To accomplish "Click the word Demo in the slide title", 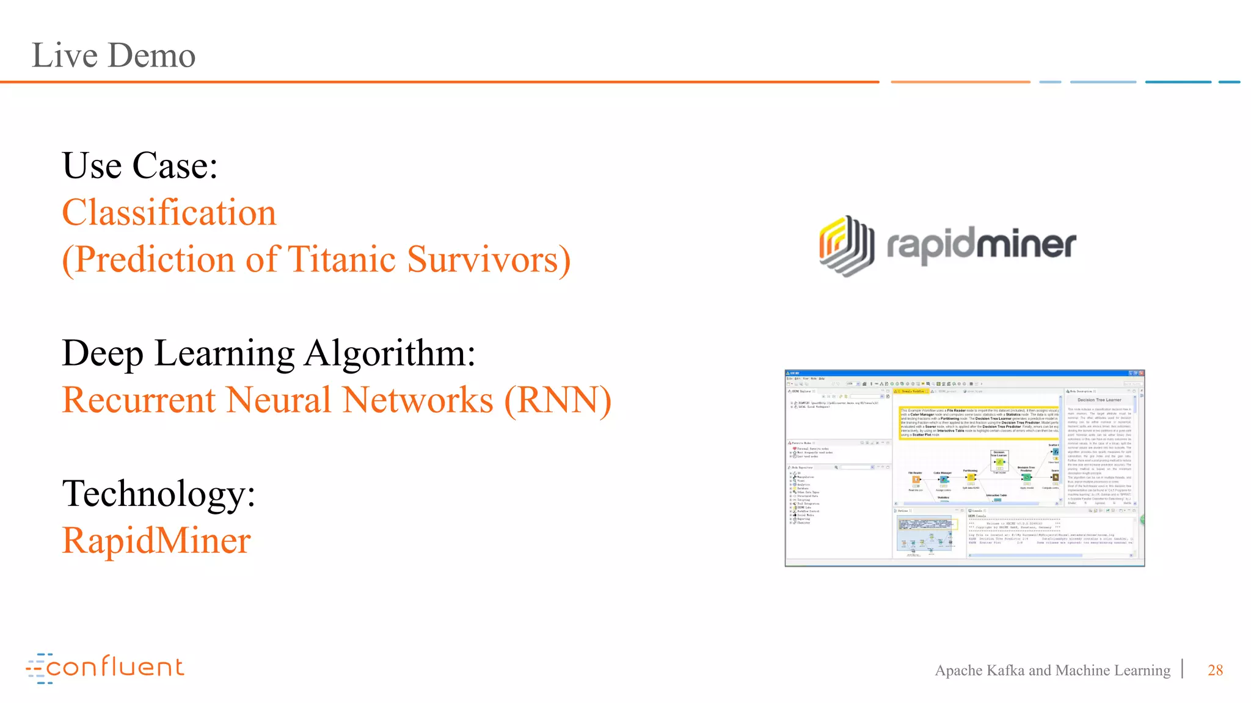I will [x=153, y=56].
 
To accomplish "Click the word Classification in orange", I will [x=169, y=212].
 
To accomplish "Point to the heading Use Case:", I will [x=140, y=165].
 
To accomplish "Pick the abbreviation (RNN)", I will [x=557, y=400].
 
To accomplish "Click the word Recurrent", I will [x=139, y=400].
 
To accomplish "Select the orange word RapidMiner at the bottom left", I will [x=156, y=541].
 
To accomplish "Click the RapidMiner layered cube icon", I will [x=846, y=245].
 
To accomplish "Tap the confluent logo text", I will [x=115, y=667].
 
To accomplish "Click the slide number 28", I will [x=1215, y=670].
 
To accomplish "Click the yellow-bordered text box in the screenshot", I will [x=979, y=422].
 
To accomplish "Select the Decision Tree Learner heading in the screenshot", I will [x=1099, y=400].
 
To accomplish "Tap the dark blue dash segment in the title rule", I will [x=1178, y=82].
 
